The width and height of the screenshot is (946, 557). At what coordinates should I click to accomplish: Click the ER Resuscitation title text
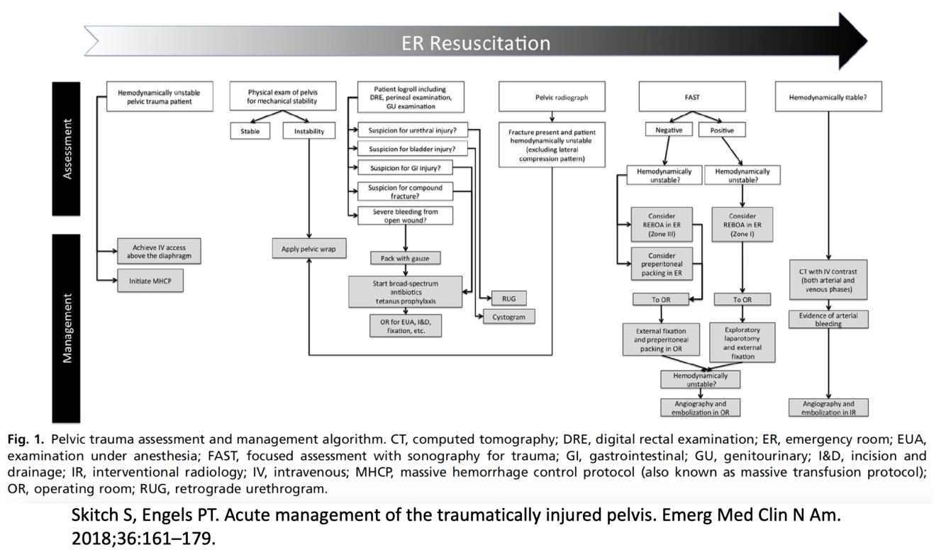pyautogui.click(x=475, y=43)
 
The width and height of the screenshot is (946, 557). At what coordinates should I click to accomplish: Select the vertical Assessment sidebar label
pyautogui.click(x=67, y=148)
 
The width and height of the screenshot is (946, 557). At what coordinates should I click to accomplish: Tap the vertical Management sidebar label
pyautogui.click(x=67, y=329)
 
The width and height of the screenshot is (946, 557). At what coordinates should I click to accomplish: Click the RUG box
pyautogui.click(x=508, y=299)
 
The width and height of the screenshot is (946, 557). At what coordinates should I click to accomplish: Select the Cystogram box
pyautogui.click(x=508, y=317)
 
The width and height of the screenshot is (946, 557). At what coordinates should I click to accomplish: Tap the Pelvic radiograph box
pyautogui.click(x=552, y=97)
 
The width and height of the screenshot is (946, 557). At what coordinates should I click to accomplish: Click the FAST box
pyautogui.click(x=692, y=97)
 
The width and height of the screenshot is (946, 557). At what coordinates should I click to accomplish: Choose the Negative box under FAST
pyautogui.click(x=668, y=130)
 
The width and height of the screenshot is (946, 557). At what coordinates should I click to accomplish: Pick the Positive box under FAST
pyautogui.click(x=722, y=130)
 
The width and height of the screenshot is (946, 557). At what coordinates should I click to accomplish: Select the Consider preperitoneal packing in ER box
pyautogui.click(x=662, y=264)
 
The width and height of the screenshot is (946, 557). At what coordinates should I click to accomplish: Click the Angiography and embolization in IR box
pyautogui.click(x=828, y=407)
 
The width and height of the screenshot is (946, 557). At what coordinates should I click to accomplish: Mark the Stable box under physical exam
pyautogui.click(x=250, y=131)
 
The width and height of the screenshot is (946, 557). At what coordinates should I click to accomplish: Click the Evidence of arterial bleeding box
pyautogui.click(x=828, y=319)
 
